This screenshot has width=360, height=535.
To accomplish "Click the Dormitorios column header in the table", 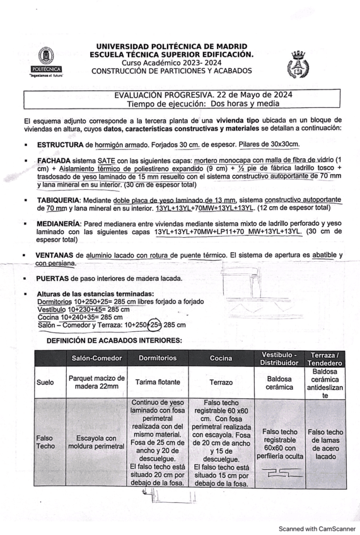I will point(161,358).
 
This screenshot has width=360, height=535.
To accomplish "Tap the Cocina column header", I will point(221,358).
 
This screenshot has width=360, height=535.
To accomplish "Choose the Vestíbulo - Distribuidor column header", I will point(279,358).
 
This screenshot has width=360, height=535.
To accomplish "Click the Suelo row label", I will point(45,382).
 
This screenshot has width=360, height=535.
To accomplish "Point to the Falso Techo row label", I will point(45,442).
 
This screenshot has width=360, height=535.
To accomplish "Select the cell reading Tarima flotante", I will point(161,382).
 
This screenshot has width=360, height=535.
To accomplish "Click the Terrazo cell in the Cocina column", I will point(221,382).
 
